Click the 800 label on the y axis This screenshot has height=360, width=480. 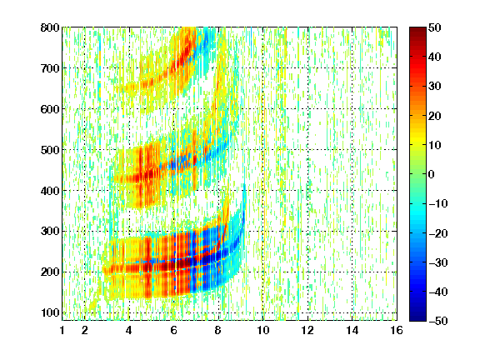50,27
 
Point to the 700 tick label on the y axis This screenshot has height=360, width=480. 50,68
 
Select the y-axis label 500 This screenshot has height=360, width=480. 50,150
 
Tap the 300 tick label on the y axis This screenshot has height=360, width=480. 50,232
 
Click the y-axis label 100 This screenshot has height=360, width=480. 50,312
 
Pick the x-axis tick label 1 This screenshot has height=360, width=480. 62,330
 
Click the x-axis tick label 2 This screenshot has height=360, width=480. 85,330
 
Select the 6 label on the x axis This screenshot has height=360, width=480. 174,330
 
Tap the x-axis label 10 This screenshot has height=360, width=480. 263,330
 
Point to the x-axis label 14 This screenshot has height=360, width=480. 352,330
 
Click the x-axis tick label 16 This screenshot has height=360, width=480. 397,330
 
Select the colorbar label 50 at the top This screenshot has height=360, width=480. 434,27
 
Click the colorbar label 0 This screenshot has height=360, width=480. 432,174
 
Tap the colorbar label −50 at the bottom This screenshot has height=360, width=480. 438,321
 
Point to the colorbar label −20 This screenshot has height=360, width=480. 438,233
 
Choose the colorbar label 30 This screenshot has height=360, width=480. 434,87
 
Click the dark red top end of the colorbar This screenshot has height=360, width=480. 417,29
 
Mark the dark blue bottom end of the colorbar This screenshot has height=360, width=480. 417,318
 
